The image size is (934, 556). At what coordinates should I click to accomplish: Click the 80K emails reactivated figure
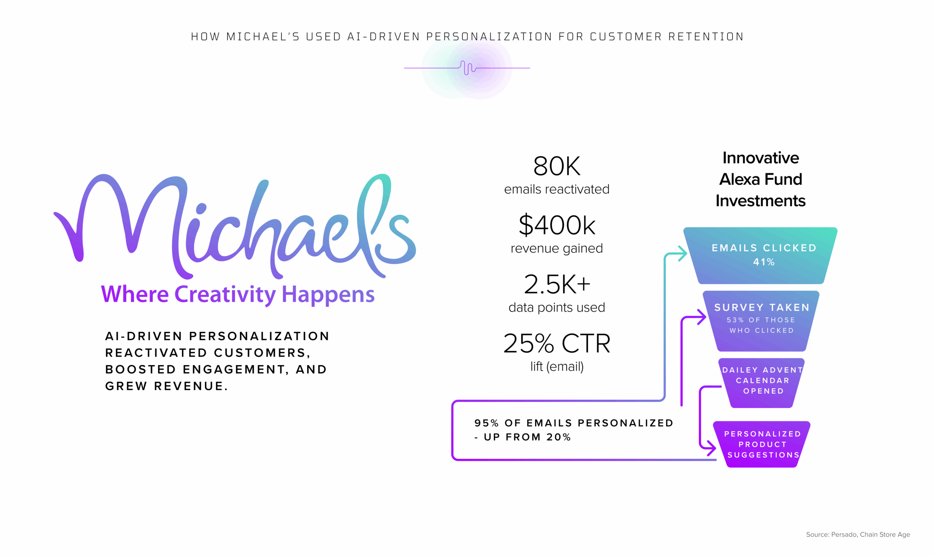(x=557, y=166)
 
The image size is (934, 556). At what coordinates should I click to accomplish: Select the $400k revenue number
(x=557, y=225)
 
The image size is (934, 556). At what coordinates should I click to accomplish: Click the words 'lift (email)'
(x=557, y=366)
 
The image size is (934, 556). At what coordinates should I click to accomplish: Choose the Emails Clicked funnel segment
(x=760, y=255)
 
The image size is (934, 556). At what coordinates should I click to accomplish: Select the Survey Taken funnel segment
(x=761, y=321)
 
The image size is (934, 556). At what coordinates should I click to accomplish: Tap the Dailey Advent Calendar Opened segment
(x=761, y=383)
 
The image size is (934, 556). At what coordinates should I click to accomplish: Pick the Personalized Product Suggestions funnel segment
(x=762, y=444)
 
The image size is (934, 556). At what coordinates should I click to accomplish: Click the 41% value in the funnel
(x=764, y=262)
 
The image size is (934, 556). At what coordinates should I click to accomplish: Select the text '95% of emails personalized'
(x=574, y=423)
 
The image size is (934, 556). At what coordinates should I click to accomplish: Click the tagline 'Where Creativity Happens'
(x=238, y=295)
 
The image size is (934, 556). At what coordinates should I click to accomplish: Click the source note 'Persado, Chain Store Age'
(x=870, y=534)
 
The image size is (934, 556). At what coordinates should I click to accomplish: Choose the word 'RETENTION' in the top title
(x=706, y=37)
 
